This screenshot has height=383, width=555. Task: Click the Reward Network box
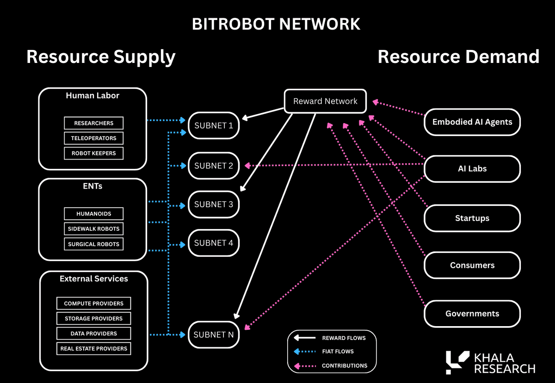pyautogui.click(x=325, y=101)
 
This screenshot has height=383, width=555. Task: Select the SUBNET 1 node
pyautogui.click(x=214, y=126)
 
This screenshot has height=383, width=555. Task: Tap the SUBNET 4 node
pyautogui.click(x=214, y=243)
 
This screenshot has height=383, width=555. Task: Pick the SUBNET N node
pyautogui.click(x=214, y=334)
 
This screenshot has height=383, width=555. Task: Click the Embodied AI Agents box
pyautogui.click(x=472, y=122)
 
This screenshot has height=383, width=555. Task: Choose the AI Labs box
pyautogui.click(x=472, y=169)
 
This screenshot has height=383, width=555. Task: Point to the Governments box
pyautogui.click(x=472, y=314)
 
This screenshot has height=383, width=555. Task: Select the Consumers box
pyautogui.click(x=472, y=266)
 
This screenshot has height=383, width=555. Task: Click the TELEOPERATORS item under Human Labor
pyautogui.click(x=94, y=138)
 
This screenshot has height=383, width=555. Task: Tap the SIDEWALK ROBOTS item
pyautogui.click(x=94, y=229)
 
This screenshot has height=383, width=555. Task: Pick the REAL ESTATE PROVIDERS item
pyautogui.click(x=94, y=349)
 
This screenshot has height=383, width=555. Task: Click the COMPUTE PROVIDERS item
pyautogui.click(x=94, y=303)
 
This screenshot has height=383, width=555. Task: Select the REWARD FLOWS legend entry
pyautogui.click(x=344, y=338)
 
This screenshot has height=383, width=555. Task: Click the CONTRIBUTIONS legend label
pyautogui.click(x=345, y=365)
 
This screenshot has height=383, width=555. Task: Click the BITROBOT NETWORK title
pyautogui.click(x=276, y=24)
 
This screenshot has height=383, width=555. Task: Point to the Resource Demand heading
pyautogui.click(x=458, y=57)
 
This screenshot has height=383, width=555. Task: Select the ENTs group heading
pyautogui.click(x=92, y=186)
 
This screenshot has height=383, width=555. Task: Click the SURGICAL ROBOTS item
pyautogui.click(x=94, y=244)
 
